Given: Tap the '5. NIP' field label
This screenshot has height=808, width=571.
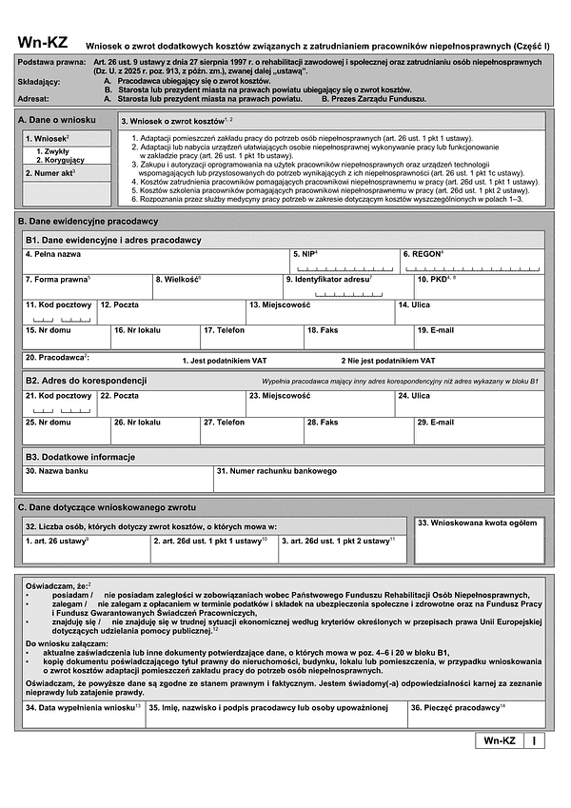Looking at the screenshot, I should click(x=305, y=255).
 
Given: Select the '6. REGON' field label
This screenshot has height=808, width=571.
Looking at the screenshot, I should click(x=423, y=255).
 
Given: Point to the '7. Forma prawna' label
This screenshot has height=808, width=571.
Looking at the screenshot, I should click(x=58, y=279).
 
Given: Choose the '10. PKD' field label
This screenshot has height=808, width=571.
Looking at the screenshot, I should click(x=436, y=279).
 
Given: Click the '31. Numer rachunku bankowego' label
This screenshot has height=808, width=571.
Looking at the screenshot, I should click(x=277, y=470).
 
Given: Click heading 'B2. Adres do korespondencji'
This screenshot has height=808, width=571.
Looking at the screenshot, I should click(x=82, y=380).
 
